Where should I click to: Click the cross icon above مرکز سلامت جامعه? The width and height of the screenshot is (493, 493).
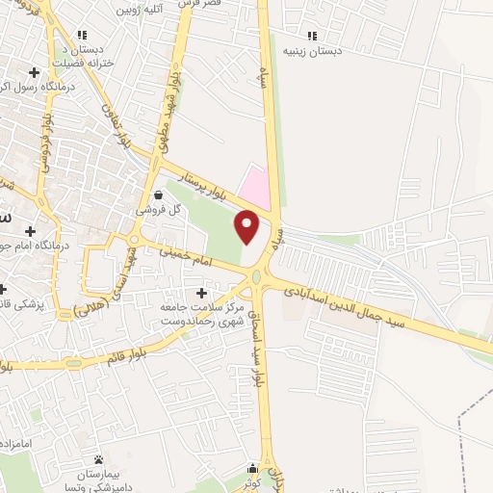(201, 292)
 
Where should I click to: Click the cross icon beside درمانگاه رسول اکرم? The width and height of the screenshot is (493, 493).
(35, 72)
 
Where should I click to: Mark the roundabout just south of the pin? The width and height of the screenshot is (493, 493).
(258, 278)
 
